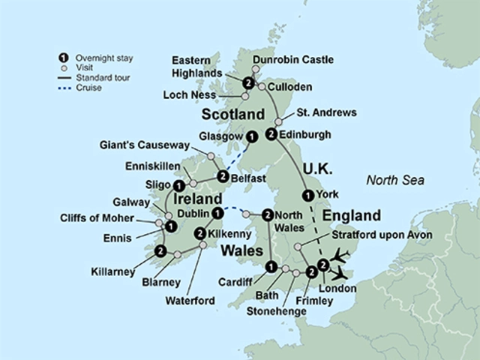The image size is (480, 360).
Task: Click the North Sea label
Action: (x=394, y=180)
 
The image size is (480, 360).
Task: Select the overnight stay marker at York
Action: (x=306, y=196)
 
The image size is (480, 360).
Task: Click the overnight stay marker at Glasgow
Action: (x=252, y=136)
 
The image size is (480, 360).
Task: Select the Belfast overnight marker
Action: (x=223, y=177)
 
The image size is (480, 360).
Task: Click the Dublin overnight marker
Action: (x=217, y=214)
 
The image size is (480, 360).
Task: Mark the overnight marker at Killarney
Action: (x=160, y=251)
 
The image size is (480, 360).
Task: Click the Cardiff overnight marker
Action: (x=271, y=266)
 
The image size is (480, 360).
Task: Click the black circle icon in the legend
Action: (x=64, y=57)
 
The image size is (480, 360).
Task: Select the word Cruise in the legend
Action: (x=89, y=87)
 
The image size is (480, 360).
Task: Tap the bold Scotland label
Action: (x=233, y=115)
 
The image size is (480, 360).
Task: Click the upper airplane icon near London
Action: (x=340, y=256)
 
